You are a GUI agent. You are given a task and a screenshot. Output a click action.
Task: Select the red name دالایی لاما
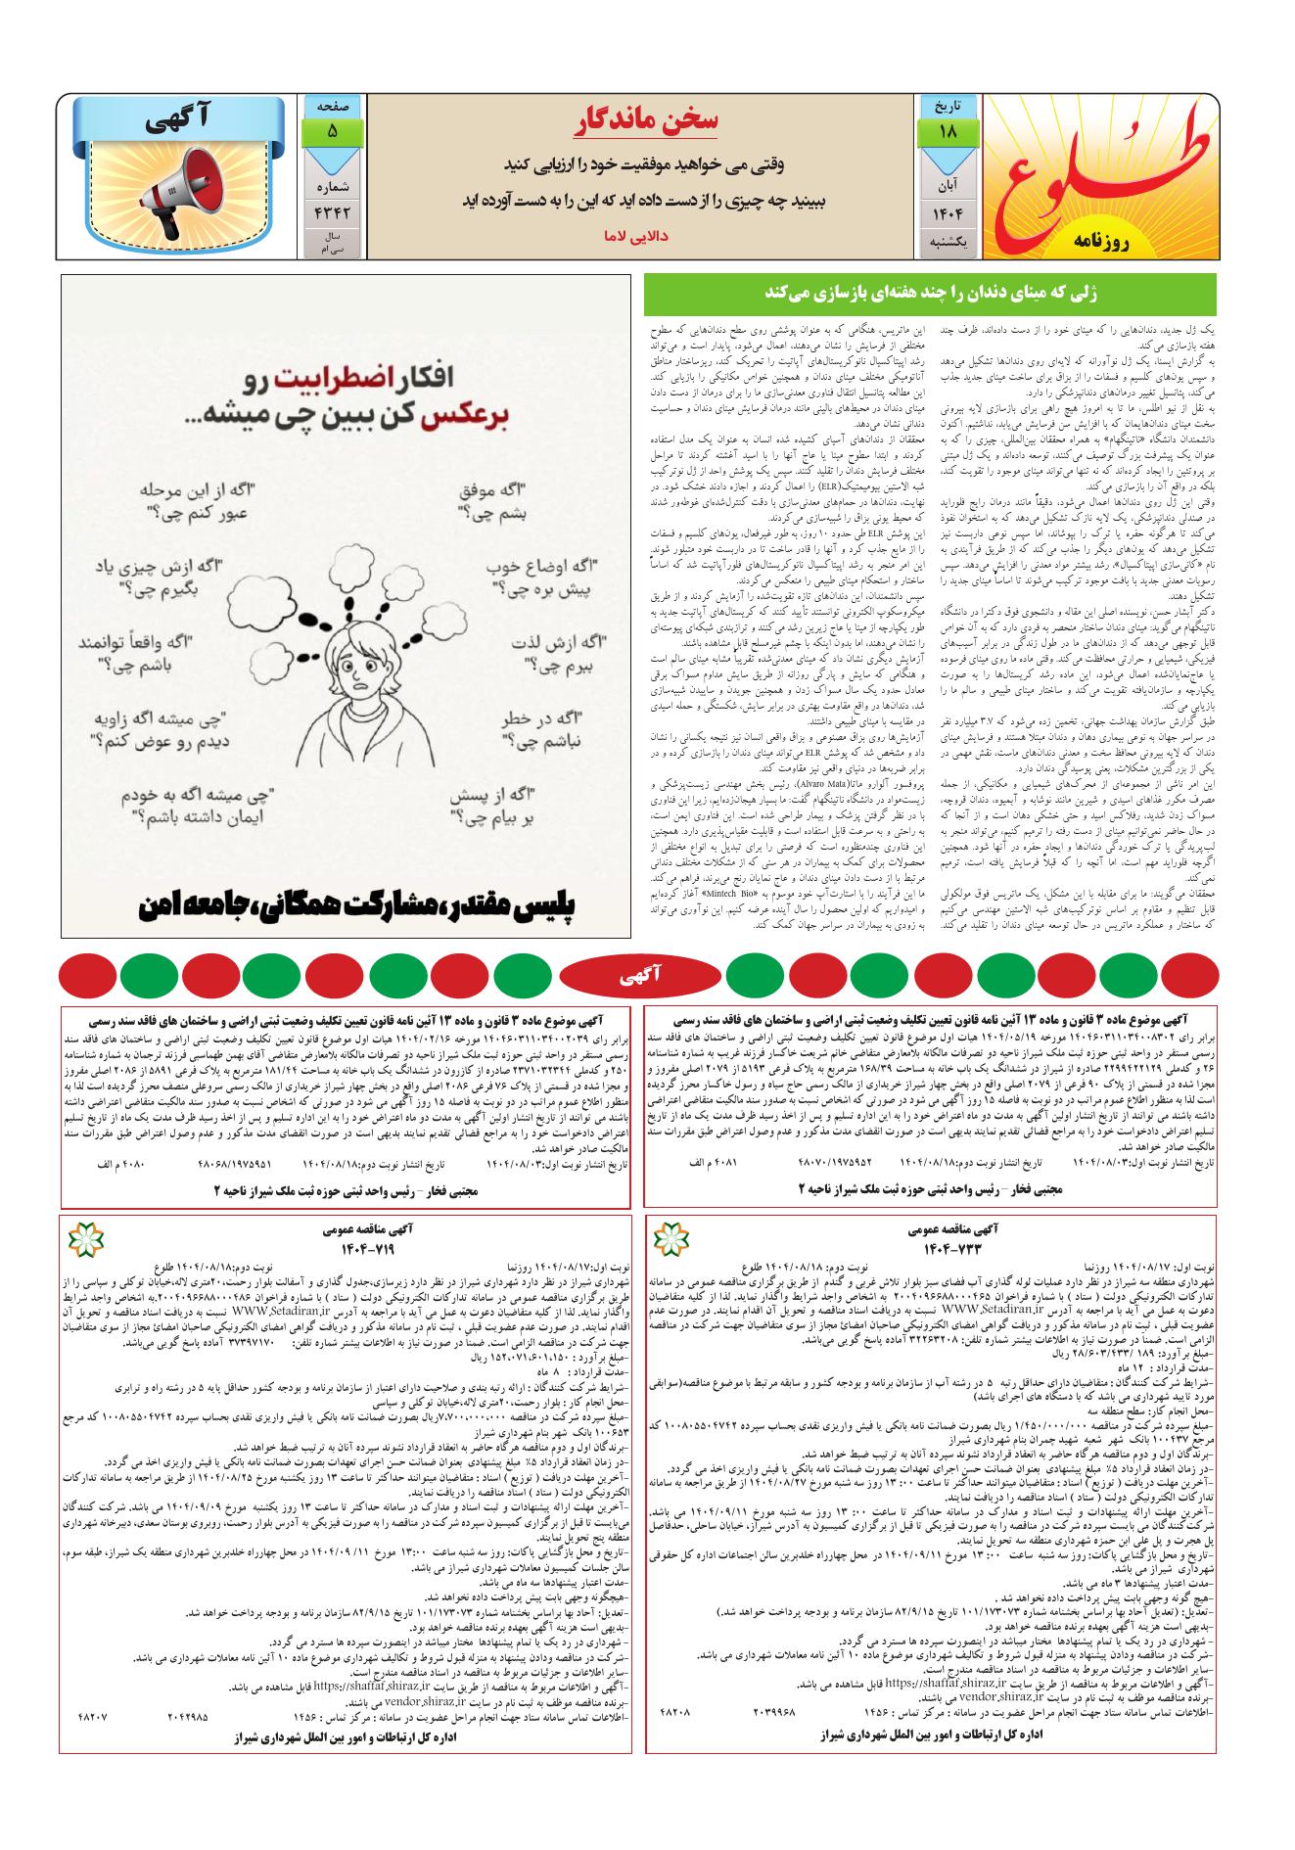point(641,237)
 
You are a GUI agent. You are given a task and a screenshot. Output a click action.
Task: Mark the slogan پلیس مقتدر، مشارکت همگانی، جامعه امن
point(347,904)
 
